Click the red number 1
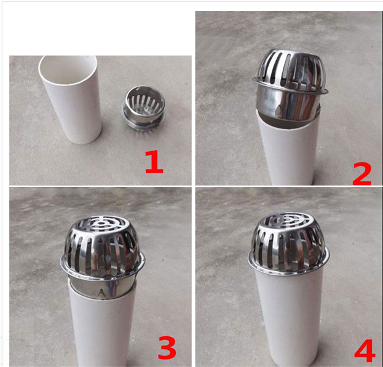tap(154, 162)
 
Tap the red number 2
tap(362, 174)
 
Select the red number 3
tap(167, 347)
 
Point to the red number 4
tap(365, 350)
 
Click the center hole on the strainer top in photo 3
tap(100, 223)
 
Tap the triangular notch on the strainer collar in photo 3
tap(101, 293)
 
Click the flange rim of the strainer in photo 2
tap(290, 89)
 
